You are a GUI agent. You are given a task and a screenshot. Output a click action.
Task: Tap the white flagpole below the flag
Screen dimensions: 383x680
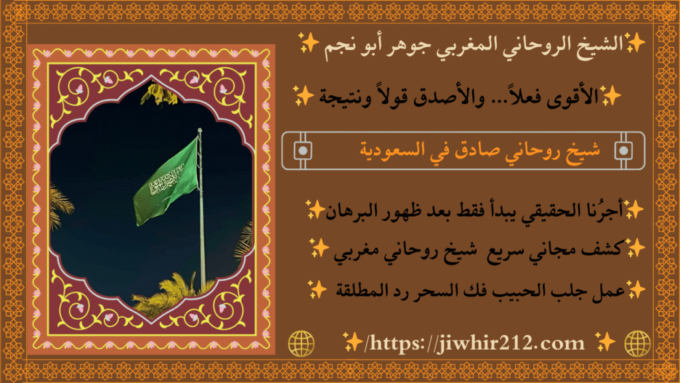pyautogui.click(x=201, y=253)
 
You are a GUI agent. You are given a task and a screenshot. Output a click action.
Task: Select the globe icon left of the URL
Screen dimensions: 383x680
pyautogui.click(x=301, y=343)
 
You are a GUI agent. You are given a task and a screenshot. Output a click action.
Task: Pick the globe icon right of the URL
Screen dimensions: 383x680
pyautogui.click(x=637, y=343)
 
